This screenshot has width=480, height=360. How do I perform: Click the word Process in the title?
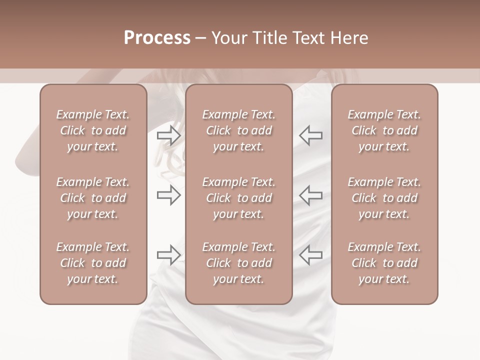click(157, 37)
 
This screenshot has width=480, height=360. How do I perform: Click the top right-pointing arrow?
click(168, 135)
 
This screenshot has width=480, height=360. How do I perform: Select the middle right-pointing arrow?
click(168, 195)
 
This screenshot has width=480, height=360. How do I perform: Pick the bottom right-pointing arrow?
click(168, 255)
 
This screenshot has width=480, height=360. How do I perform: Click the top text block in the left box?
click(93, 130)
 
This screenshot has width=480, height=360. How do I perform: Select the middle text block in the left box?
click(93, 198)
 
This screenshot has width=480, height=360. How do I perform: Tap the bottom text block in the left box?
click(93, 263)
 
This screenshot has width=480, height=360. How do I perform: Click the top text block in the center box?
click(238, 130)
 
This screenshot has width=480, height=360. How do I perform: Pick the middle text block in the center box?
click(238, 198)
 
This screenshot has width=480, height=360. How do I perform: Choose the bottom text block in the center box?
click(238, 263)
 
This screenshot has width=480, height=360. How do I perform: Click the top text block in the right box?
click(384, 130)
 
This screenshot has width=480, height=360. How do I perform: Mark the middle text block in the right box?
click(384, 198)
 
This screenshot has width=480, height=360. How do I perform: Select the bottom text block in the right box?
click(384, 263)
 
